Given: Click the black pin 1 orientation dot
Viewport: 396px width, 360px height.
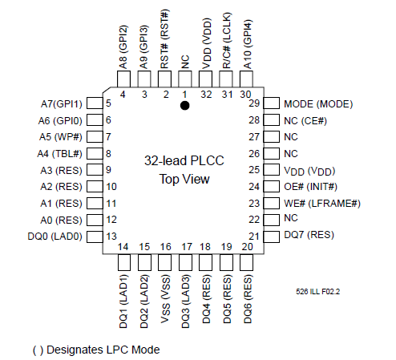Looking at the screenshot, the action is (185, 106).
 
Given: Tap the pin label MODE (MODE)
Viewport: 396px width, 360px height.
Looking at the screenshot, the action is (318, 104).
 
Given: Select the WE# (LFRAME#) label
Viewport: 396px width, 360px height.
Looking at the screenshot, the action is (322, 204).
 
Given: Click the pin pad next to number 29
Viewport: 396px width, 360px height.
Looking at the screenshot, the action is (272, 103).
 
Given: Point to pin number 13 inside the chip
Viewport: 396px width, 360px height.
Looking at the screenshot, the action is (111, 237).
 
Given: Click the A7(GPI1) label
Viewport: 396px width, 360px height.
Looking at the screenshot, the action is (62, 104).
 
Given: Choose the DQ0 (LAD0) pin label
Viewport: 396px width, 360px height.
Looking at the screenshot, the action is (55, 237).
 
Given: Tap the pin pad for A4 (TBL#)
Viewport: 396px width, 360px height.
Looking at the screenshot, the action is (95, 154).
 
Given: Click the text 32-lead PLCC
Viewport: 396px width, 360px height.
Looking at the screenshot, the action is (184, 160).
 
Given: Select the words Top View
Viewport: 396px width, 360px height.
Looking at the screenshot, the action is (184, 179).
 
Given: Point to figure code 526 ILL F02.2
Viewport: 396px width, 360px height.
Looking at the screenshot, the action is (318, 291).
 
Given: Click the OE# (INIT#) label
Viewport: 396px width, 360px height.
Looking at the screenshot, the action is (310, 187).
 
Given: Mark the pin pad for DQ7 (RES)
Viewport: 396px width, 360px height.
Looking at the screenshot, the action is (272, 237).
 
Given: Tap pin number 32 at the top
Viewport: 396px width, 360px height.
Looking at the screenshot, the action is (206, 95).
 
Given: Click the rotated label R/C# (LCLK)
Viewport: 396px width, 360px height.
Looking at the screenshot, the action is (226, 40).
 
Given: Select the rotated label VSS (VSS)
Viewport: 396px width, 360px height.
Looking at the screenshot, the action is (165, 299).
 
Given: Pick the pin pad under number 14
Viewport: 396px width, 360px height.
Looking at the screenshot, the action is (124, 262).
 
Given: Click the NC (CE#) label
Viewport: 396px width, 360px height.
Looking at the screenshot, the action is (305, 121).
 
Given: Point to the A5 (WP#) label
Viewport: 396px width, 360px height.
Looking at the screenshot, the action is (61, 137).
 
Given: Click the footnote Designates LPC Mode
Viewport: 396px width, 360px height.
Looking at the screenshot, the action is (103, 350).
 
